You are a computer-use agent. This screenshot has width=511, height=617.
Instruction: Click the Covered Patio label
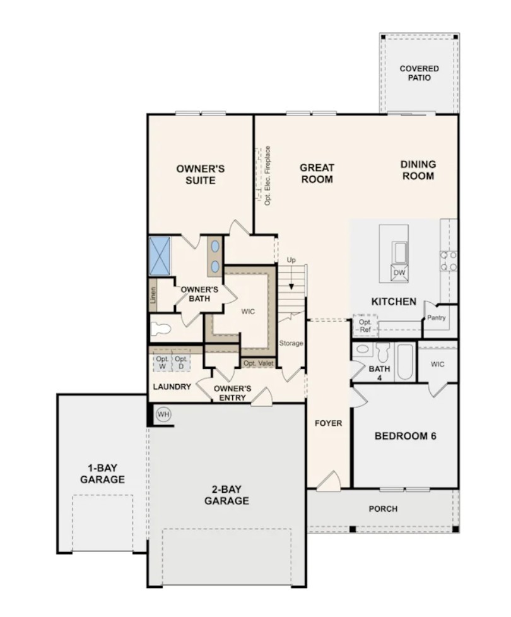click(x=419, y=73)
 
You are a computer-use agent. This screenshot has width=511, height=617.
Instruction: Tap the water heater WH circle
click(x=163, y=414)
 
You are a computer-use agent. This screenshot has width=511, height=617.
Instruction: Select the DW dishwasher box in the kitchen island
click(x=399, y=273)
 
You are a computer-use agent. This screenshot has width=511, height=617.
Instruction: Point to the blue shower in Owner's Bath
click(x=160, y=256)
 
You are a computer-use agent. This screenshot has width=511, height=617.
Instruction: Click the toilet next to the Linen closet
click(x=161, y=329)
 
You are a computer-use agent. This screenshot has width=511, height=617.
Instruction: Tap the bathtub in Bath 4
click(x=405, y=362)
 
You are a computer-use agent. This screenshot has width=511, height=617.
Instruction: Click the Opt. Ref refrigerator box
click(x=365, y=326)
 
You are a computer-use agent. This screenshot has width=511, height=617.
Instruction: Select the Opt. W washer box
click(x=163, y=362)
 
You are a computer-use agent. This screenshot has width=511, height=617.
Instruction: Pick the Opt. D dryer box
click(x=181, y=362)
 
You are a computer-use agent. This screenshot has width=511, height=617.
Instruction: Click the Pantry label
click(x=437, y=317)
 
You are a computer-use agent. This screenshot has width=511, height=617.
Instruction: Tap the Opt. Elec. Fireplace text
click(x=267, y=175)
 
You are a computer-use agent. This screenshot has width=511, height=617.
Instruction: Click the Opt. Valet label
click(x=258, y=363)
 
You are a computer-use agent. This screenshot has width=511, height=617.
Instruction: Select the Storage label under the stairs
click(x=291, y=343)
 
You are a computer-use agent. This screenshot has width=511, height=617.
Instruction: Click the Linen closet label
click(x=153, y=295)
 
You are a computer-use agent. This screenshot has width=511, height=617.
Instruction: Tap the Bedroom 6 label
click(x=405, y=436)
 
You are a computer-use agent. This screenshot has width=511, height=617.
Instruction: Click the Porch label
click(x=383, y=508)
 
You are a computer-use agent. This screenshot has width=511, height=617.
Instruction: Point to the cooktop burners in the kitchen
click(x=449, y=261)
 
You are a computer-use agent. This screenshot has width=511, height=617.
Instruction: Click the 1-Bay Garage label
click(x=102, y=474)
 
